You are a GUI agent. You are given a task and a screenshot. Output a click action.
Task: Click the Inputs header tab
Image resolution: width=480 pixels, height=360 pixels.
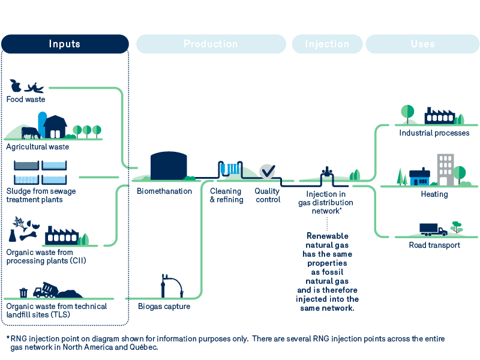(x=65, y=44)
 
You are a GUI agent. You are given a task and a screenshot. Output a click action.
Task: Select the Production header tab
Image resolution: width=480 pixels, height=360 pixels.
(x=211, y=44)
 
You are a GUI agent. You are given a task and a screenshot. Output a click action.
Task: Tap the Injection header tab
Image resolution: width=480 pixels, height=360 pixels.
(x=327, y=44)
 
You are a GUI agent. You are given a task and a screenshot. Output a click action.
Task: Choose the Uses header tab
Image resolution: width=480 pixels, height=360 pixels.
(x=422, y=44)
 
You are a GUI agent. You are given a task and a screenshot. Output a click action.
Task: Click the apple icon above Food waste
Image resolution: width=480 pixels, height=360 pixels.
(x=16, y=86)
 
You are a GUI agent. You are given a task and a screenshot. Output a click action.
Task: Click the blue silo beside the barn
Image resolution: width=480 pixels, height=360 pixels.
(x=43, y=124)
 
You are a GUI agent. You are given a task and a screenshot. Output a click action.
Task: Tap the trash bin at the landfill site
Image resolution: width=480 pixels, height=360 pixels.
(x=23, y=292)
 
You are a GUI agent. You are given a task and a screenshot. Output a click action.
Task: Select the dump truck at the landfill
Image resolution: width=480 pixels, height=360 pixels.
(x=44, y=290)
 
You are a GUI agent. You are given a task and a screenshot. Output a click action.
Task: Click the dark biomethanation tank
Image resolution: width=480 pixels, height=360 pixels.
(x=168, y=166)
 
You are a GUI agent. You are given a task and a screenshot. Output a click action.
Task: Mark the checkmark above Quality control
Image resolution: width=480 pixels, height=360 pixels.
(x=268, y=171)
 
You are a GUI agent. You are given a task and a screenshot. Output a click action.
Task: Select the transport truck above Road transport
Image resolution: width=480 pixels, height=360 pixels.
(x=433, y=229)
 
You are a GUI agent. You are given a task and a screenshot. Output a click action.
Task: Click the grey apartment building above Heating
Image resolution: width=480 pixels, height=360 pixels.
(x=445, y=169)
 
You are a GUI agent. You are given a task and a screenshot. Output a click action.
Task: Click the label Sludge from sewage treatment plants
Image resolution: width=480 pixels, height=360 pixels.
(x=41, y=195)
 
